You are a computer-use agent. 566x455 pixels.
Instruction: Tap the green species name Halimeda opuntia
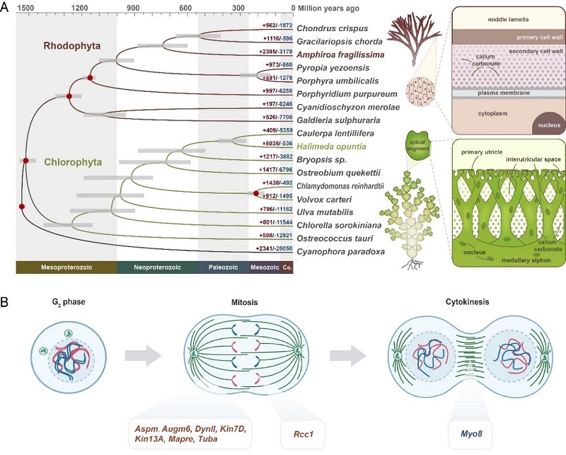click(335, 146)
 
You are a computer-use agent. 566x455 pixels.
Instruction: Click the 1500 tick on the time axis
click(24, 8)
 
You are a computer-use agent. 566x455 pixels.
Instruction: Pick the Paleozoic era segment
click(223, 268)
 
